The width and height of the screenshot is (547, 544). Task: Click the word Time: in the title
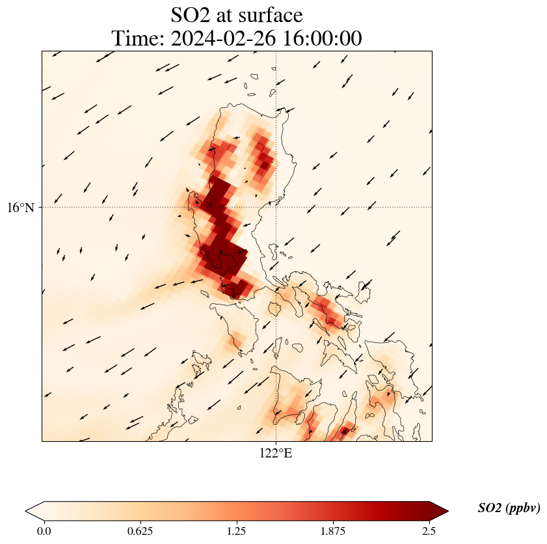(139, 38)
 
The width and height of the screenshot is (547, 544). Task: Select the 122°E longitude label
(276, 453)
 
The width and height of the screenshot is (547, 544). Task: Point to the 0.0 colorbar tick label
(44, 531)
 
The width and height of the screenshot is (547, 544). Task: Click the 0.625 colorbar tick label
(140, 531)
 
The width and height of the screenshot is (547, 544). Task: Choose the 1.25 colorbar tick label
(236, 531)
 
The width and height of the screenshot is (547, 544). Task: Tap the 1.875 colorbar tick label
(332, 531)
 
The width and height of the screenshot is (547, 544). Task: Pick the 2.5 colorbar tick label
(429, 531)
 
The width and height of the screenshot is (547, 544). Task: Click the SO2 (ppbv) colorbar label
(509, 508)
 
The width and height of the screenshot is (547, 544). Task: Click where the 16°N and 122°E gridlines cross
(276, 208)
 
